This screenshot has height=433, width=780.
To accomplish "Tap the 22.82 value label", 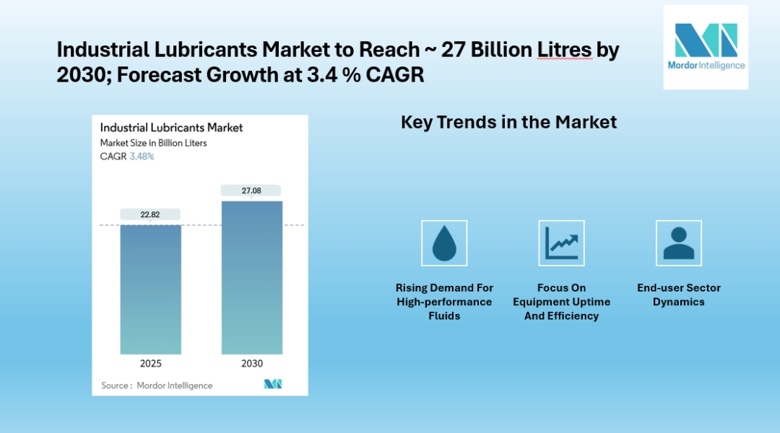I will (150, 214).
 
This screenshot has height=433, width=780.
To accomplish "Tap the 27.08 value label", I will (252, 191).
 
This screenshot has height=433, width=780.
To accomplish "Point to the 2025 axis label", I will (150, 364).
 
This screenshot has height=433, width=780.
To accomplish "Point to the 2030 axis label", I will (252, 364).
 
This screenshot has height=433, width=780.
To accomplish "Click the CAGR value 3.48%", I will (142, 156).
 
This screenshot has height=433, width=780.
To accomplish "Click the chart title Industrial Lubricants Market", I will (171, 128).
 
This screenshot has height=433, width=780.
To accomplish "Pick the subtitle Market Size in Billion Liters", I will (153, 143).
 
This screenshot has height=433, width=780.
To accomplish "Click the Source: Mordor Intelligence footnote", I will (157, 385).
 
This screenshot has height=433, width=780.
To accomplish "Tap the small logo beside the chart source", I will (273, 384).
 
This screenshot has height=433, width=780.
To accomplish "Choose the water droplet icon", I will (444, 243).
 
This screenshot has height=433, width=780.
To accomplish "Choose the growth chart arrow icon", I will (561, 243).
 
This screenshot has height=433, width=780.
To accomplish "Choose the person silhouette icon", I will (678, 243).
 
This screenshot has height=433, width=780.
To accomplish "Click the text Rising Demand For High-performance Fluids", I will (444, 302).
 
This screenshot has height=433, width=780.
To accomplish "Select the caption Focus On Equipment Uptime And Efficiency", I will (561, 302).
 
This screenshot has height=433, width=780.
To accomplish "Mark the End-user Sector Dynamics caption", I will (678, 294).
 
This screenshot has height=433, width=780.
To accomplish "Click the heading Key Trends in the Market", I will (508, 122).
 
